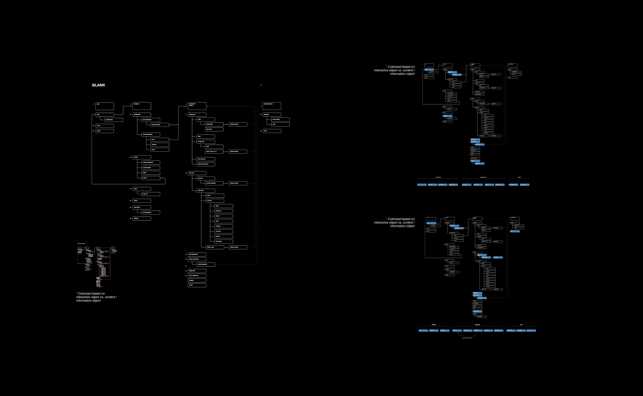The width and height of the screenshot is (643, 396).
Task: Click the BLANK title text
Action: (99, 85)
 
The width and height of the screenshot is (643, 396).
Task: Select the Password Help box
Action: (114, 120)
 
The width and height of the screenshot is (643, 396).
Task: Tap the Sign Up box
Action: (105, 126)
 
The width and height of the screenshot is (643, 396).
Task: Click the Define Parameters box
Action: (160, 125)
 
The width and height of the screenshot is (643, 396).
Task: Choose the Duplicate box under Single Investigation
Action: (160, 145)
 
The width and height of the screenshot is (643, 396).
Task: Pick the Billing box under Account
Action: (151, 173)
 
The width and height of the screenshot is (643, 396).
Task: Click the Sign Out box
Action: (151, 178)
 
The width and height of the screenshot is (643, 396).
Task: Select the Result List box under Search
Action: (151, 194)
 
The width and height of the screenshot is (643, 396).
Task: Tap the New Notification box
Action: (151, 213)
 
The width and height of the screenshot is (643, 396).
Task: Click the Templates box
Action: (141, 218)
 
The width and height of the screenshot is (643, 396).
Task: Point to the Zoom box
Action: (214, 147)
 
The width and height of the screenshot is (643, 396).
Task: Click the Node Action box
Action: (214, 129)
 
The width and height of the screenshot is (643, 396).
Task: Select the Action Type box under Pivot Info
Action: (224, 211)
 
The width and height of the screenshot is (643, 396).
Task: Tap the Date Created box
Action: (224, 242)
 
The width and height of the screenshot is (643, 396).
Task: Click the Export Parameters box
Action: (206, 264)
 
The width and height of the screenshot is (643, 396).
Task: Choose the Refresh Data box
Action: (197, 271)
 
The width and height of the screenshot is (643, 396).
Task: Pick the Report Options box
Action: (281, 119)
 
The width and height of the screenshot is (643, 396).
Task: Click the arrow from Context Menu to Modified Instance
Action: (226, 124)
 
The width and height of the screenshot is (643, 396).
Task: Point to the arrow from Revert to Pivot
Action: (227, 247)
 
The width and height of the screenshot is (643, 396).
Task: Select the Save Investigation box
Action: (197, 254)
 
